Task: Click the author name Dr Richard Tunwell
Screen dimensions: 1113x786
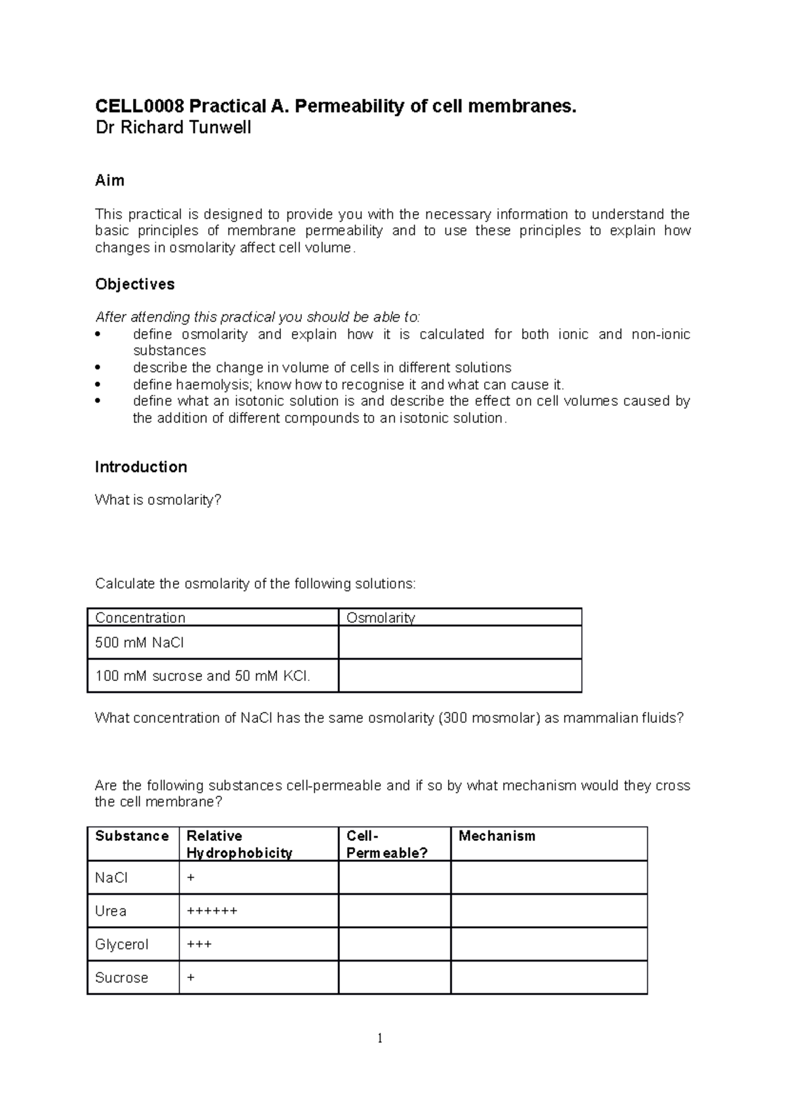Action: [x=173, y=127]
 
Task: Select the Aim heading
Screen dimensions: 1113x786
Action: [x=109, y=180]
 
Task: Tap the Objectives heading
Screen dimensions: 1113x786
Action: [x=135, y=284]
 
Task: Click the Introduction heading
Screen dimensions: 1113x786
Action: [x=141, y=467]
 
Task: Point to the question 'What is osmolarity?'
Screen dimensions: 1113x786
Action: [x=158, y=500]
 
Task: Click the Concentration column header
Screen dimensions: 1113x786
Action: [x=140, y=617]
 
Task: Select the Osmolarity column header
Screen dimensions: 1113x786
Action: [x=380, y=617]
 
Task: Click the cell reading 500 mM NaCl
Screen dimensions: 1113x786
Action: [x=140, y=642]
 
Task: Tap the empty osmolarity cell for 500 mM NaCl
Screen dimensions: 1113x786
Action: [x=460, y=642]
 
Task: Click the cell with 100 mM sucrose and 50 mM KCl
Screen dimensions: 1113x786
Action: [x=202, y=676]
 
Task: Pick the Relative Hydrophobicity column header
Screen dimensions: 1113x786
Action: [x=239, y=844]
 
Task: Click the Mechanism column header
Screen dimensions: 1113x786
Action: [x=496, y=836]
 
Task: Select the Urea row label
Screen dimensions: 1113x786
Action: [x=111, y=911]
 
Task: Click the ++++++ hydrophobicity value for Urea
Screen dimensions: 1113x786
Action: [x=212, y=911]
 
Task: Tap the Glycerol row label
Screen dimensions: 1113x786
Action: [x=122, y=945]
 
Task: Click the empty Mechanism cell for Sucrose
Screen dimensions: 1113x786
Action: [x=549, y=978]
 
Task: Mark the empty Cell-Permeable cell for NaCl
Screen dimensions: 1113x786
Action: [x=394, y=878]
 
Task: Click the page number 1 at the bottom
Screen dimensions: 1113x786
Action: [x=380, y=1038]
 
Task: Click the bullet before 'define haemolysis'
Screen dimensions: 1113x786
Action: [x=98, y=385]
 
